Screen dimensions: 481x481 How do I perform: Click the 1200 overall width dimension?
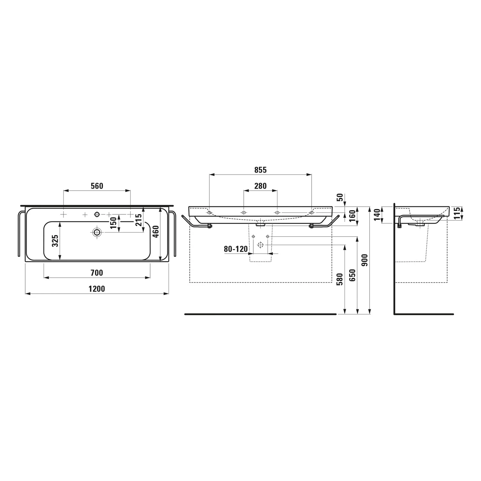click(x=97, y=289)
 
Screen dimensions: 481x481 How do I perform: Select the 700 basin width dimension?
click(x=97, y=273)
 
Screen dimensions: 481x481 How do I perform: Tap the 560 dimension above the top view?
click(x=97, y=186)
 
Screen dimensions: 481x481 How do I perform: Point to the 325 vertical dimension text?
click(x=55, y=240)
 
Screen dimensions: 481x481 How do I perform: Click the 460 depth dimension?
click(x=156, y=232)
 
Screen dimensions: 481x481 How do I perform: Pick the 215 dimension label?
click(x=139, y=220)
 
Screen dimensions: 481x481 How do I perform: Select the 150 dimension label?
click(x=113, y=223)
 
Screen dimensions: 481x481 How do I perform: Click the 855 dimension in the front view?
click(x=260, y=170)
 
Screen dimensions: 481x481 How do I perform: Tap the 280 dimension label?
click(x=260, y=186)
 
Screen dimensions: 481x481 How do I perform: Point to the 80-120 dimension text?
click(x=236, y=249)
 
